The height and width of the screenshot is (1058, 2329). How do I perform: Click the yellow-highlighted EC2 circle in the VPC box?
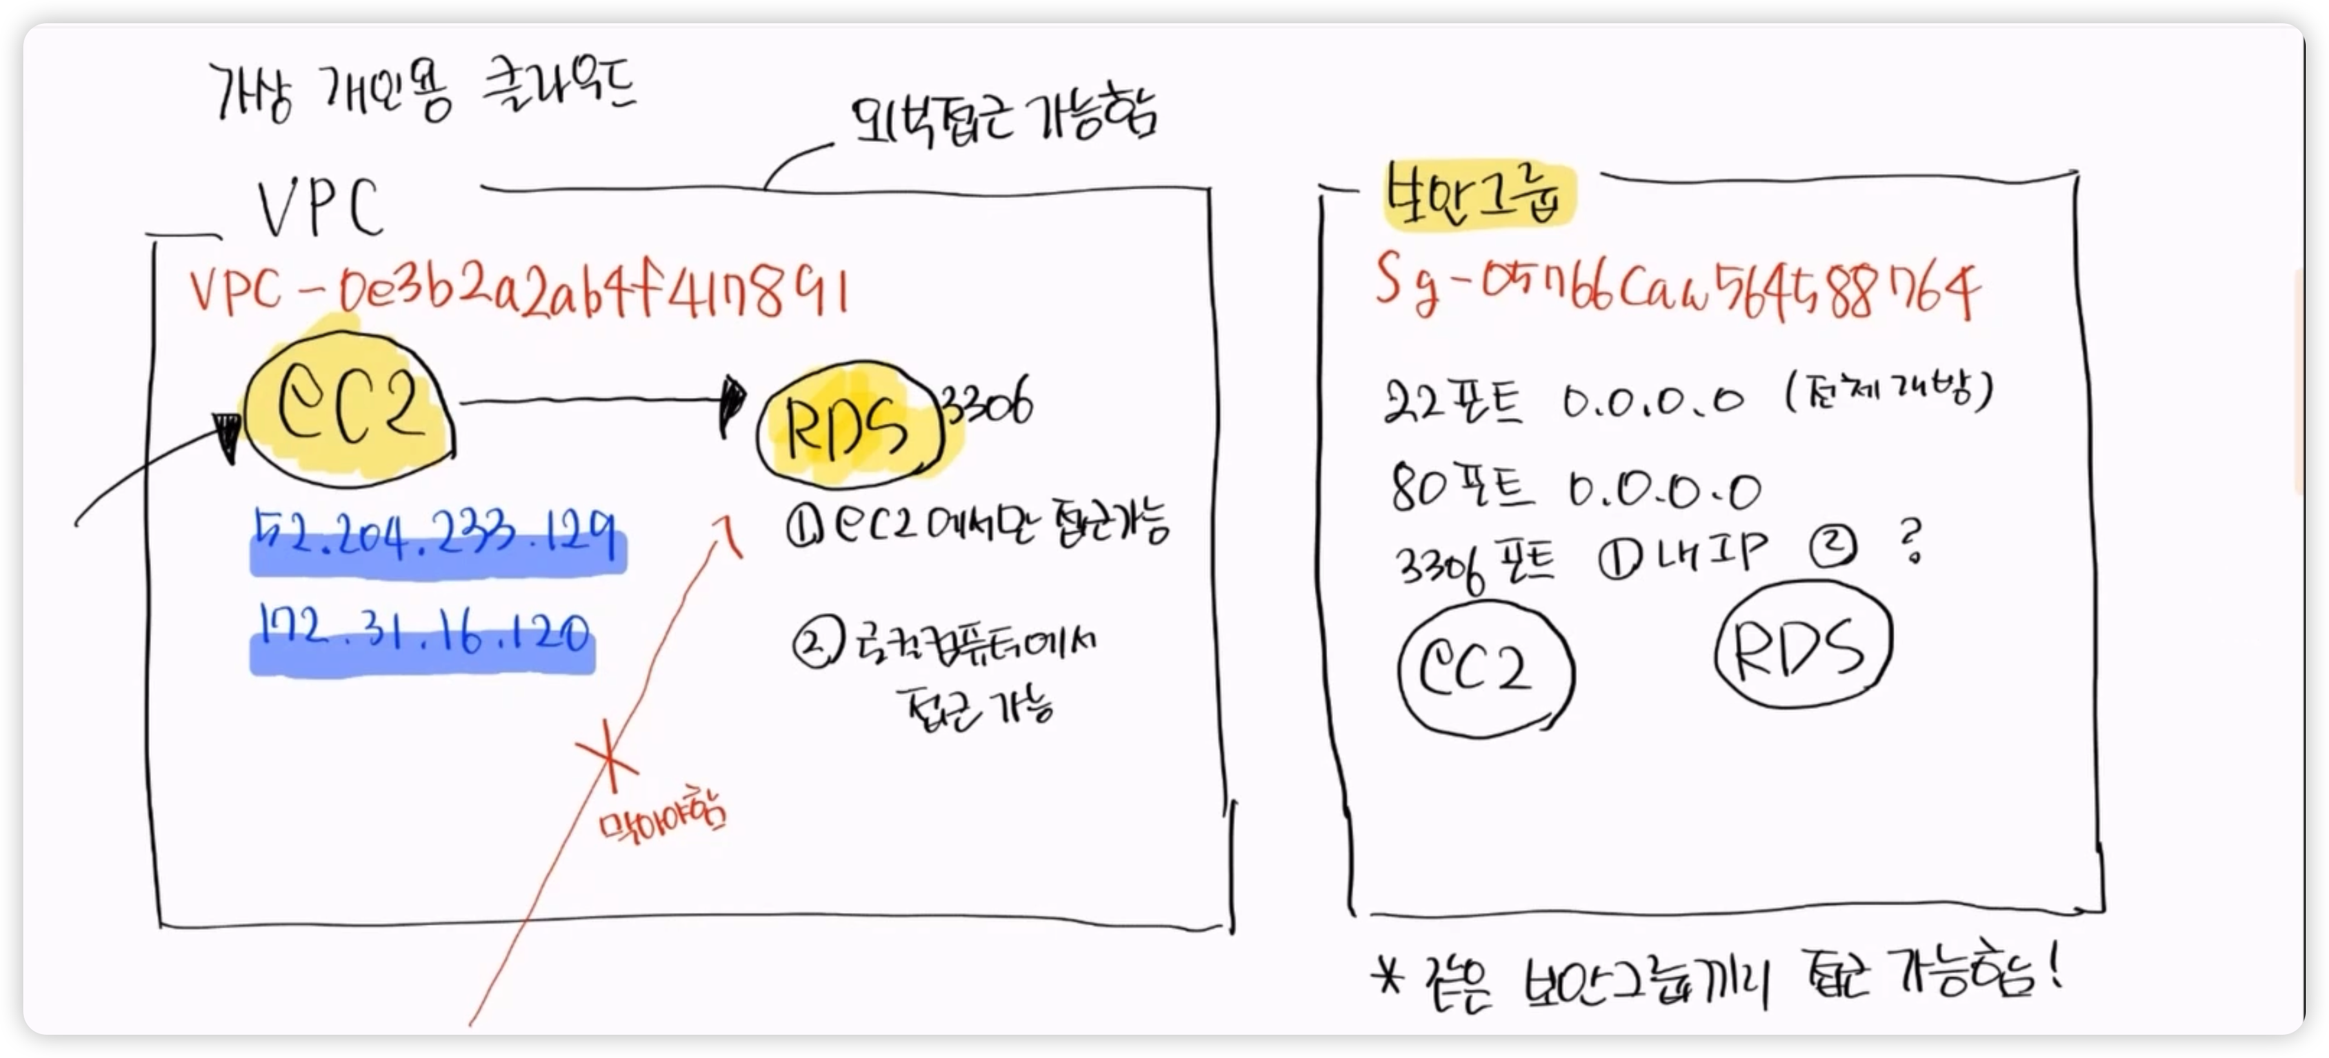pos(349,409)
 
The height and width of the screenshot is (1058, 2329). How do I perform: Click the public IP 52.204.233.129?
pos(437,539)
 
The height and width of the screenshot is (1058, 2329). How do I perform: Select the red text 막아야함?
pos(663,820)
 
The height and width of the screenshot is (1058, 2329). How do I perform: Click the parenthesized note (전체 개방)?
pos(1889,392)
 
